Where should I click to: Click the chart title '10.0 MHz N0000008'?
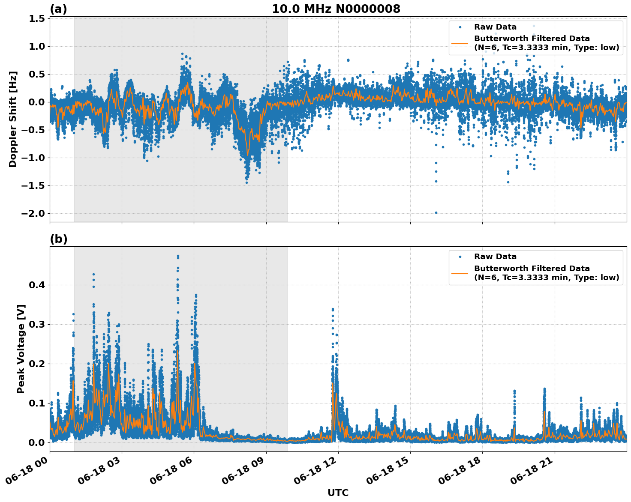(x=336, y=9)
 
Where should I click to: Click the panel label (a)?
(x=58, y=9)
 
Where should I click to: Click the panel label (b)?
(x=58, y=239)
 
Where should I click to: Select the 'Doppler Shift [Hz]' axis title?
(x=13, y=119)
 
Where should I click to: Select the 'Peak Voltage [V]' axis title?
(x=21, y=349)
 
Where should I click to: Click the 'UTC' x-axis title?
(x=338, y=493)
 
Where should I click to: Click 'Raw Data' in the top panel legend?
(x=495, y=27)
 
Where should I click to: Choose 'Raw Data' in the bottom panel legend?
(x=495, y=257)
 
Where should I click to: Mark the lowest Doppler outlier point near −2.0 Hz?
(x=436, y=212)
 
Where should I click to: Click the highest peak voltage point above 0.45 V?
(x=178, y=256)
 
